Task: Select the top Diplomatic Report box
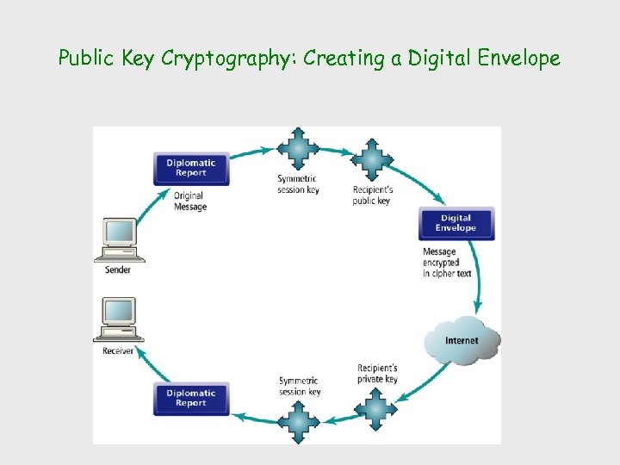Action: click(191, 168)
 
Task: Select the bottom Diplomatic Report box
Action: click(191, 398)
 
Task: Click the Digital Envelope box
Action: click(456, 223)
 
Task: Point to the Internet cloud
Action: click(462, 340)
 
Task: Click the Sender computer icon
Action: click(119, 239)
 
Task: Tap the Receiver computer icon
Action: click(119, 319)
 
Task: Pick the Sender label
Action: click(118, 270)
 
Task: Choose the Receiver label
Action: click(118, 350)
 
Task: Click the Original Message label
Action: click(190, 201)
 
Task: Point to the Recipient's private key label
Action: click(377, 374)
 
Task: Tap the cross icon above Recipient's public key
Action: click(372, 159)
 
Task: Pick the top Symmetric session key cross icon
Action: click(298, 149)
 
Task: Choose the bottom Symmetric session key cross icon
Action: click(300, 421)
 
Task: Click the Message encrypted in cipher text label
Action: click(447, 263)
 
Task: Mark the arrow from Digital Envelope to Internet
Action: click(476, 293)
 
